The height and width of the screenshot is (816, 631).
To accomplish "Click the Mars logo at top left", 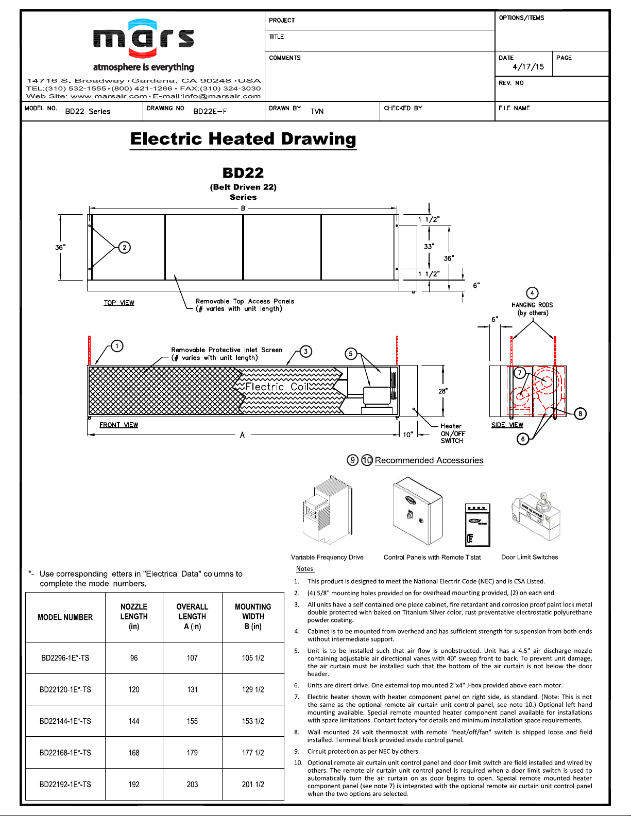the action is click(x=144, y=38).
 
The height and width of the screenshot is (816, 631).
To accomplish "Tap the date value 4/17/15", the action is click(x=528, y=67).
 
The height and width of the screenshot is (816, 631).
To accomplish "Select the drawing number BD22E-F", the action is click(x=210, y=112).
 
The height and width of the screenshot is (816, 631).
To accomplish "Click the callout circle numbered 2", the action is click(x=124, y=248).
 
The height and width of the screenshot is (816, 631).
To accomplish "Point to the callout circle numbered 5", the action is click(x=351, y=354).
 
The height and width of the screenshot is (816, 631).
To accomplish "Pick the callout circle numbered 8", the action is click(x=580, y=413).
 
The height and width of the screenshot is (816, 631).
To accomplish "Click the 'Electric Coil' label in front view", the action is click(x=277, y=387).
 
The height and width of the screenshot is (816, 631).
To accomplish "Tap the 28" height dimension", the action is click(x=443, y=391).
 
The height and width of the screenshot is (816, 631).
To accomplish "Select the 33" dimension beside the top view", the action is click(x=429, y=246).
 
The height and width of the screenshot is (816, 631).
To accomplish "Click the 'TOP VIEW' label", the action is click(x=118, y=303).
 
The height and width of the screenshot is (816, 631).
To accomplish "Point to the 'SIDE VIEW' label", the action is click(x=507, y=425).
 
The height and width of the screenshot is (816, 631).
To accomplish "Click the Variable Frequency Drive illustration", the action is click(x=328, y=510).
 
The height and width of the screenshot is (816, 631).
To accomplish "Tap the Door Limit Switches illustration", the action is click(x=536, y=516).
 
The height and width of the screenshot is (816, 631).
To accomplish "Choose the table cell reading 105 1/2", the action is click(x=253, y=658).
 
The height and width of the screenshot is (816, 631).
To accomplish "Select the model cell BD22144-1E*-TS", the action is click(x=65, y=721).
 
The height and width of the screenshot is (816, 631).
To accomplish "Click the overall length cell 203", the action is click(x=192, y=784).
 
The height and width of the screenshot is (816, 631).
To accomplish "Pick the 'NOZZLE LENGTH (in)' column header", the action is click(x=134, y=616).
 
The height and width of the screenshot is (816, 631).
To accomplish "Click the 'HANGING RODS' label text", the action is click(x=532, y=305).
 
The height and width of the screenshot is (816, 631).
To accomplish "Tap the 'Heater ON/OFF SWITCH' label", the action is click(x=453, y=433).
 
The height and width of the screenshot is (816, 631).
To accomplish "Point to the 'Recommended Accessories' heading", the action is click(x=429, y=460).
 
